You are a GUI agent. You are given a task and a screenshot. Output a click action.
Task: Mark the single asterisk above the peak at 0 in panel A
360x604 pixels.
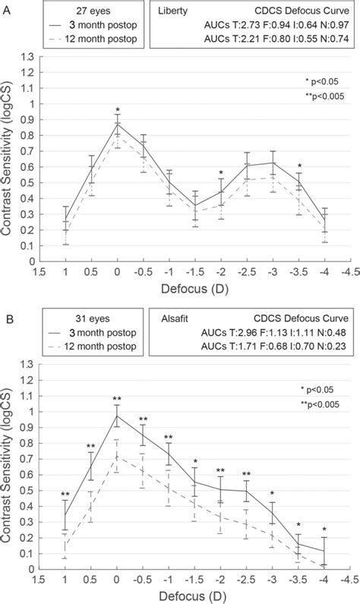[118, 111]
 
